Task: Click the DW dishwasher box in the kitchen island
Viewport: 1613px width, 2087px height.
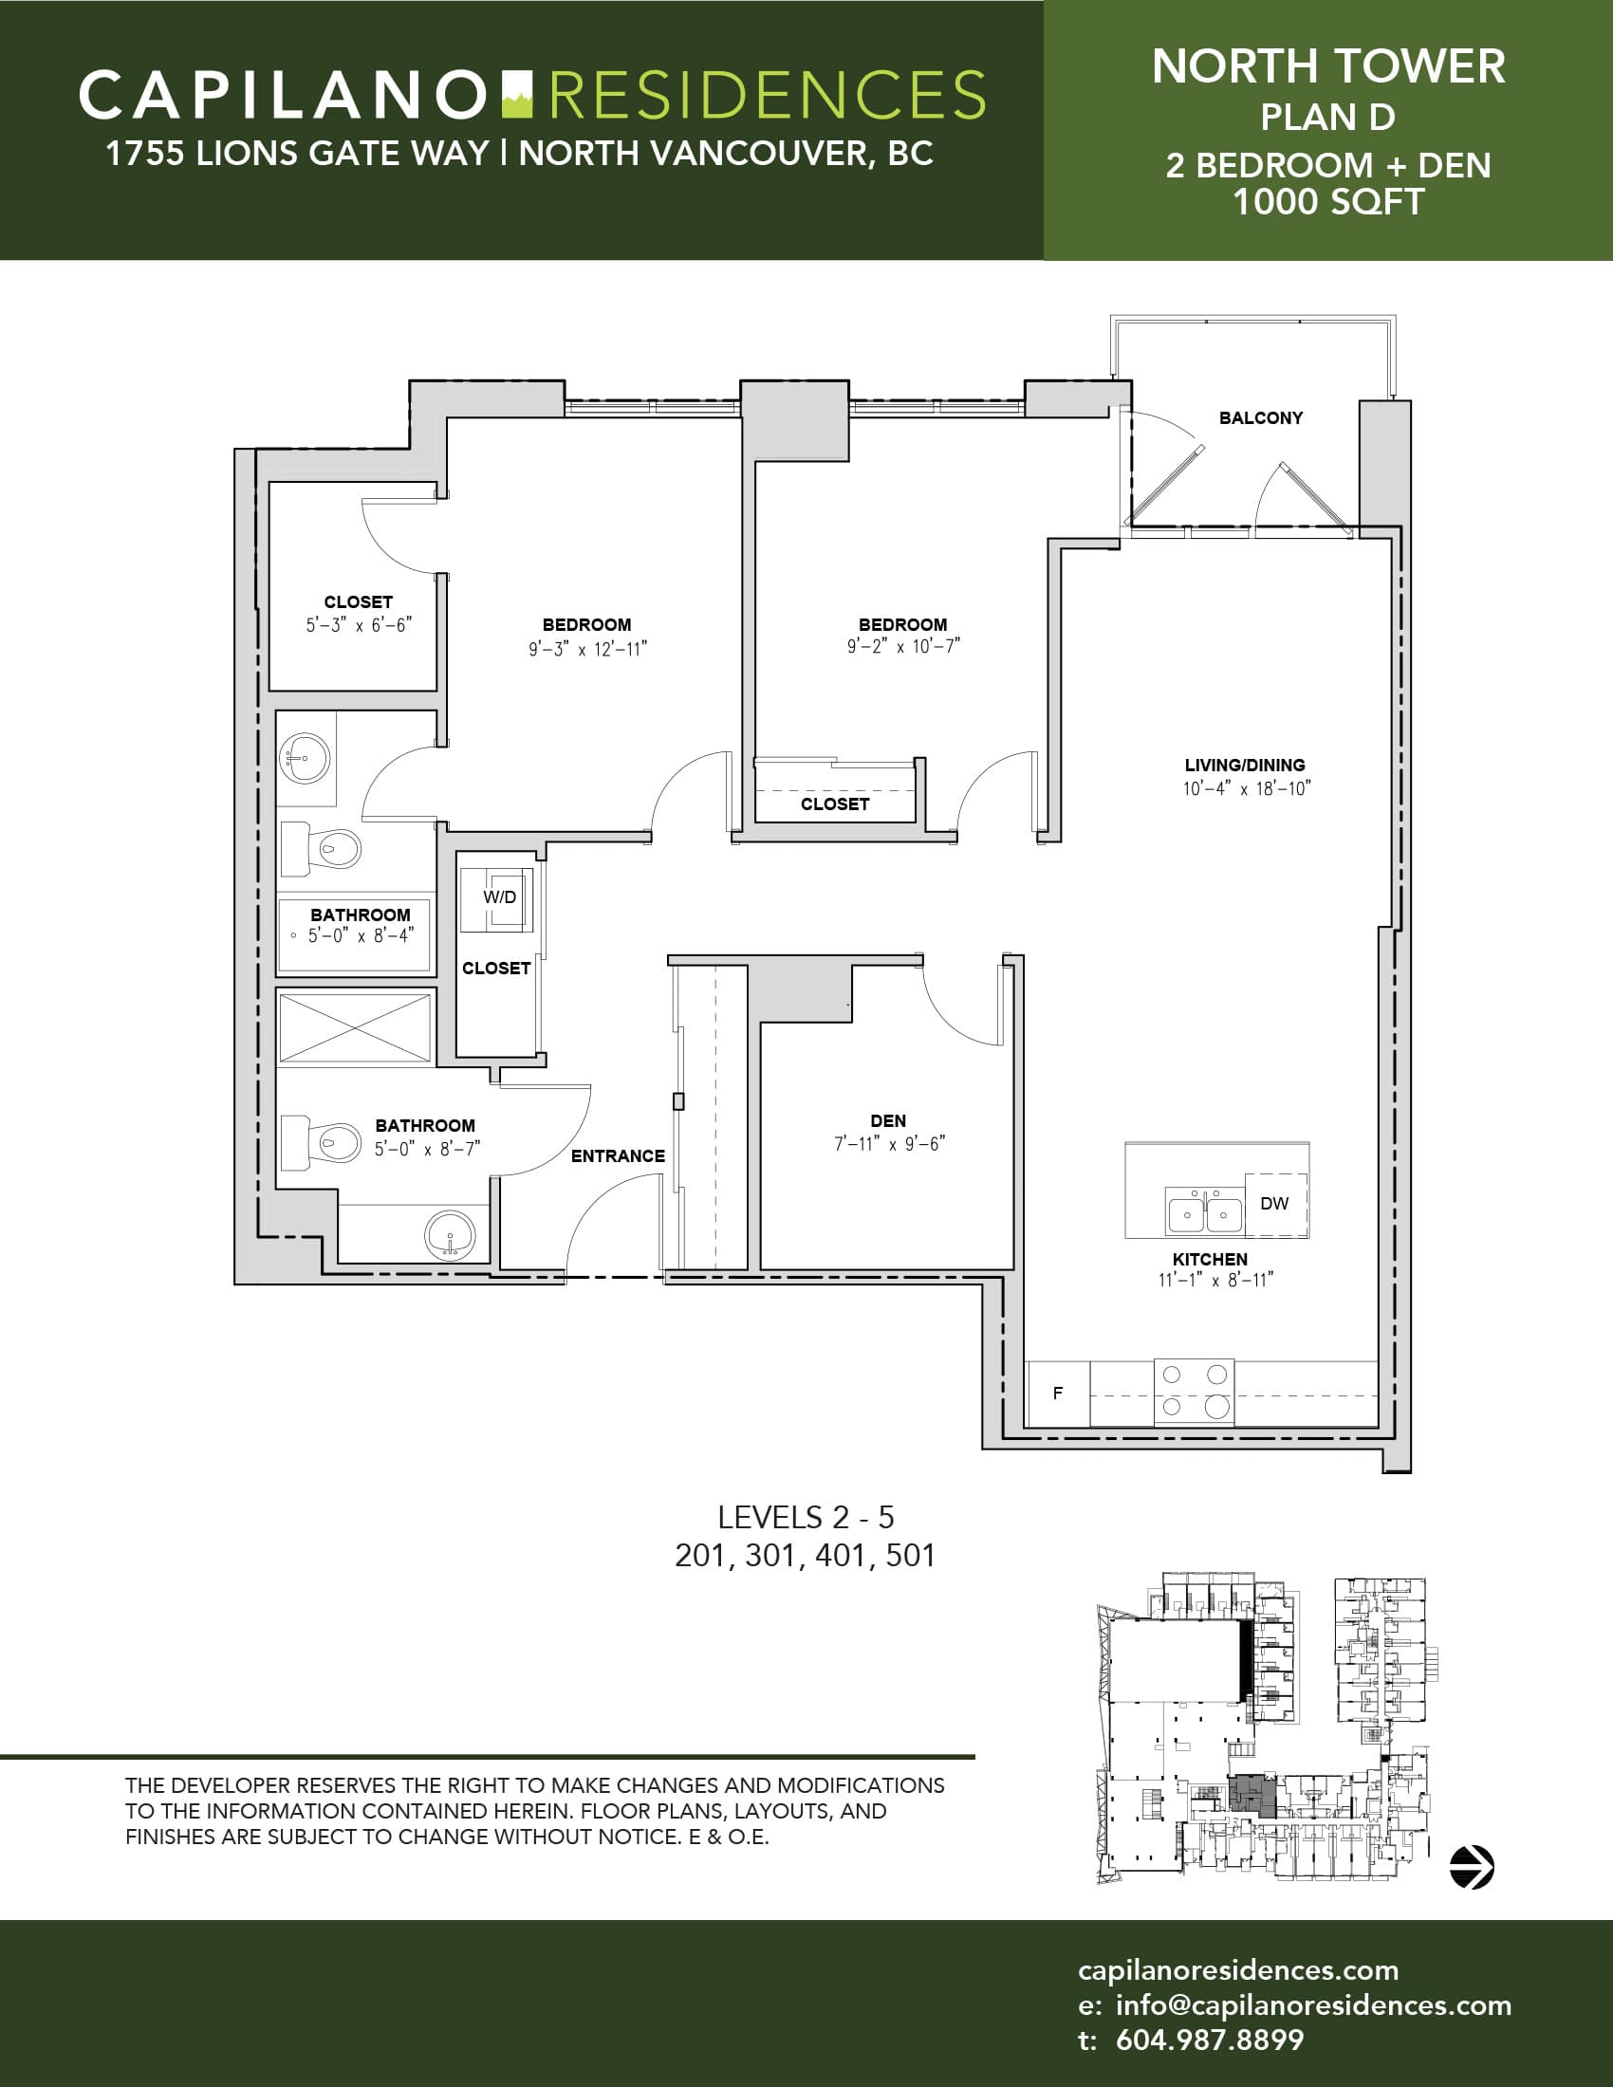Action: (1275, 1204)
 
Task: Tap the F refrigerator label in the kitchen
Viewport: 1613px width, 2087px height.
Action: (1058, 1394)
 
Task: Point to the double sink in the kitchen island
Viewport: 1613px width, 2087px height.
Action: (1205, 1212)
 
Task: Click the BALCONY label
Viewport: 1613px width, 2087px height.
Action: (1260, 417)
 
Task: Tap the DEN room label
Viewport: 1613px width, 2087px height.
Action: (889, 1120)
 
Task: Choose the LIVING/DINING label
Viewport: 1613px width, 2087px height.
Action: (1245, 765)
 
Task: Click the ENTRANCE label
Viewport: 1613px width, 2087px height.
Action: (619, 1155)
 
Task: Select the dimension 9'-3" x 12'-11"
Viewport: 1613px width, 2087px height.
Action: (587, 649)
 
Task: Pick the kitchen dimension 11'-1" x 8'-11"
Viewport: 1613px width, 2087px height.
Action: (1215, 1280)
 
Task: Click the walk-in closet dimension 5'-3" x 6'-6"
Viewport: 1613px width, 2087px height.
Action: (359, 625)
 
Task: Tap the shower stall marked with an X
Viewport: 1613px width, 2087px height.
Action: (355, 1028)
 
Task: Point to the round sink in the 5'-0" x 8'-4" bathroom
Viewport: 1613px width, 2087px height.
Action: (305, 760)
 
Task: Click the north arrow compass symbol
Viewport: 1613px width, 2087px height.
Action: (1472, 1866)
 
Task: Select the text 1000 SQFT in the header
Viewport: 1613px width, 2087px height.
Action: (1328, 202)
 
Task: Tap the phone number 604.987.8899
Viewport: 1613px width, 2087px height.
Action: (1210, 2040)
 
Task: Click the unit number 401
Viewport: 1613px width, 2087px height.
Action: (840, 1555)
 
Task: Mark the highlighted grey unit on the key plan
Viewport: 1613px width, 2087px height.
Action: (1252, 1796)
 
